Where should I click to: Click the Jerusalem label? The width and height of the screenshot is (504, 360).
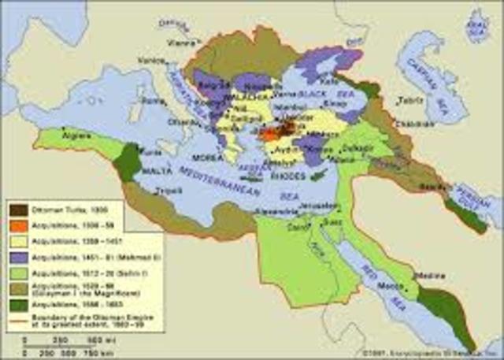339,202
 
